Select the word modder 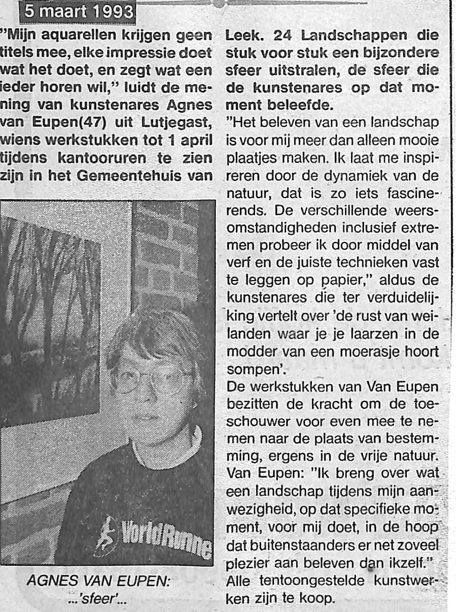pyautogui.click(x=247, y=352)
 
